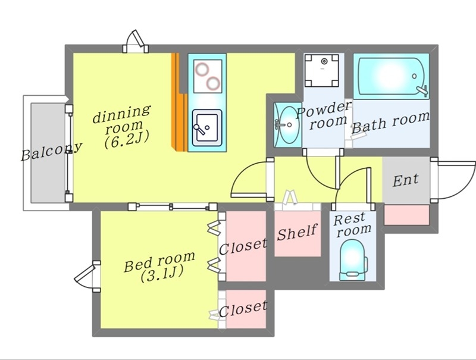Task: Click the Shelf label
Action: coord(297,231)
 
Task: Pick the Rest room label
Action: coord(353,224)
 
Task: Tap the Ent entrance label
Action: coord(406,179)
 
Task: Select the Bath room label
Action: coord(390,122)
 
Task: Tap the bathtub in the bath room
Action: coord(391,76)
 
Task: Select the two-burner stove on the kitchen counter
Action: coord(207,74)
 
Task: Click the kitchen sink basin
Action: coord(206,126)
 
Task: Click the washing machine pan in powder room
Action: coord(323,71)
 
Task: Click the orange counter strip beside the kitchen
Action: coord(176,101)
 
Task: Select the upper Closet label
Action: coord(243,246)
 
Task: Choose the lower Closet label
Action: coord(243,308)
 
